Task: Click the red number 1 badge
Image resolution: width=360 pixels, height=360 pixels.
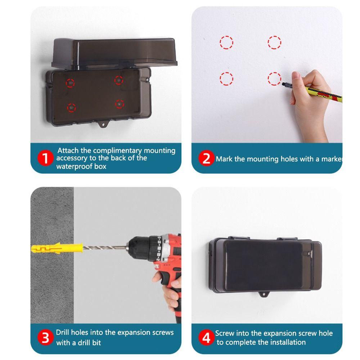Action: [45, 159]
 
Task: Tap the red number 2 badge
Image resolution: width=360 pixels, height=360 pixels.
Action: [206, 159]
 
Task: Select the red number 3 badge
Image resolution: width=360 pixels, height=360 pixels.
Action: [45, 338]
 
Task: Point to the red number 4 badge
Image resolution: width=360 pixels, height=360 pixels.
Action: [206, 338]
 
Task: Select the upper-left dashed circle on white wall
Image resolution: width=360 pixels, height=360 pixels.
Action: [226, 42]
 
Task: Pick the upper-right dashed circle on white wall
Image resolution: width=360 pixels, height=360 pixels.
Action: [274, 42]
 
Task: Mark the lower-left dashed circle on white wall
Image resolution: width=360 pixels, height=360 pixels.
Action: [226, 78]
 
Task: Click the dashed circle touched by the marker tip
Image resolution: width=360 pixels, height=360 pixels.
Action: [274, 78]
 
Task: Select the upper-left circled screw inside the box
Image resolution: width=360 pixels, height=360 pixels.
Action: [71, 83]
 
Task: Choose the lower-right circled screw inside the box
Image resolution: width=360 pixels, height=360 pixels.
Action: [119, 104]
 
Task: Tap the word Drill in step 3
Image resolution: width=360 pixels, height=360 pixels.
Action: [64, 332]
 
